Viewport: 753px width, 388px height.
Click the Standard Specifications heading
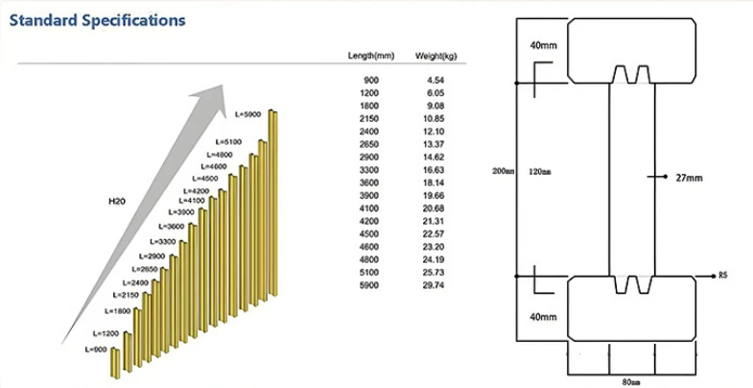(x=98, y=20)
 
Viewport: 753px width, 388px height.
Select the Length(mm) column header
(x=371, y=56)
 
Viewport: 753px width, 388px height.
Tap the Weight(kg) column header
(x=436, y=57)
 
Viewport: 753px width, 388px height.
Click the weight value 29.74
(x=435, y=285)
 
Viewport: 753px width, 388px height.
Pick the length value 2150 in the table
(x=368, y=119)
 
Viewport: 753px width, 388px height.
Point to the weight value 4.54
(x=436, y=81)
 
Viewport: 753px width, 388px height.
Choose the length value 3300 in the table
(x=368, y=170)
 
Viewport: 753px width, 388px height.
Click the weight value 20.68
(x=435, y=208)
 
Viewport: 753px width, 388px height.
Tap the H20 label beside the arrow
(x=117, y=202)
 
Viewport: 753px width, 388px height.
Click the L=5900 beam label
(x=247, y=114)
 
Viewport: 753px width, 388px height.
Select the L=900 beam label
(x=96, y=350)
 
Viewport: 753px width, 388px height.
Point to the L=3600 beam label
(x=171, y=226)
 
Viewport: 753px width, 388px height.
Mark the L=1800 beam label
(x=117, y=311)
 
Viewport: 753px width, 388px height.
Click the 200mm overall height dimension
(x=504, y=171)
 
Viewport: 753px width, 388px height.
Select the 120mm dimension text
(x=540, y=172)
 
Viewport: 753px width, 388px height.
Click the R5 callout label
(x=723, y=276)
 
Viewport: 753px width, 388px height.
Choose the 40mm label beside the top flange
(x=543, y=46)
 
